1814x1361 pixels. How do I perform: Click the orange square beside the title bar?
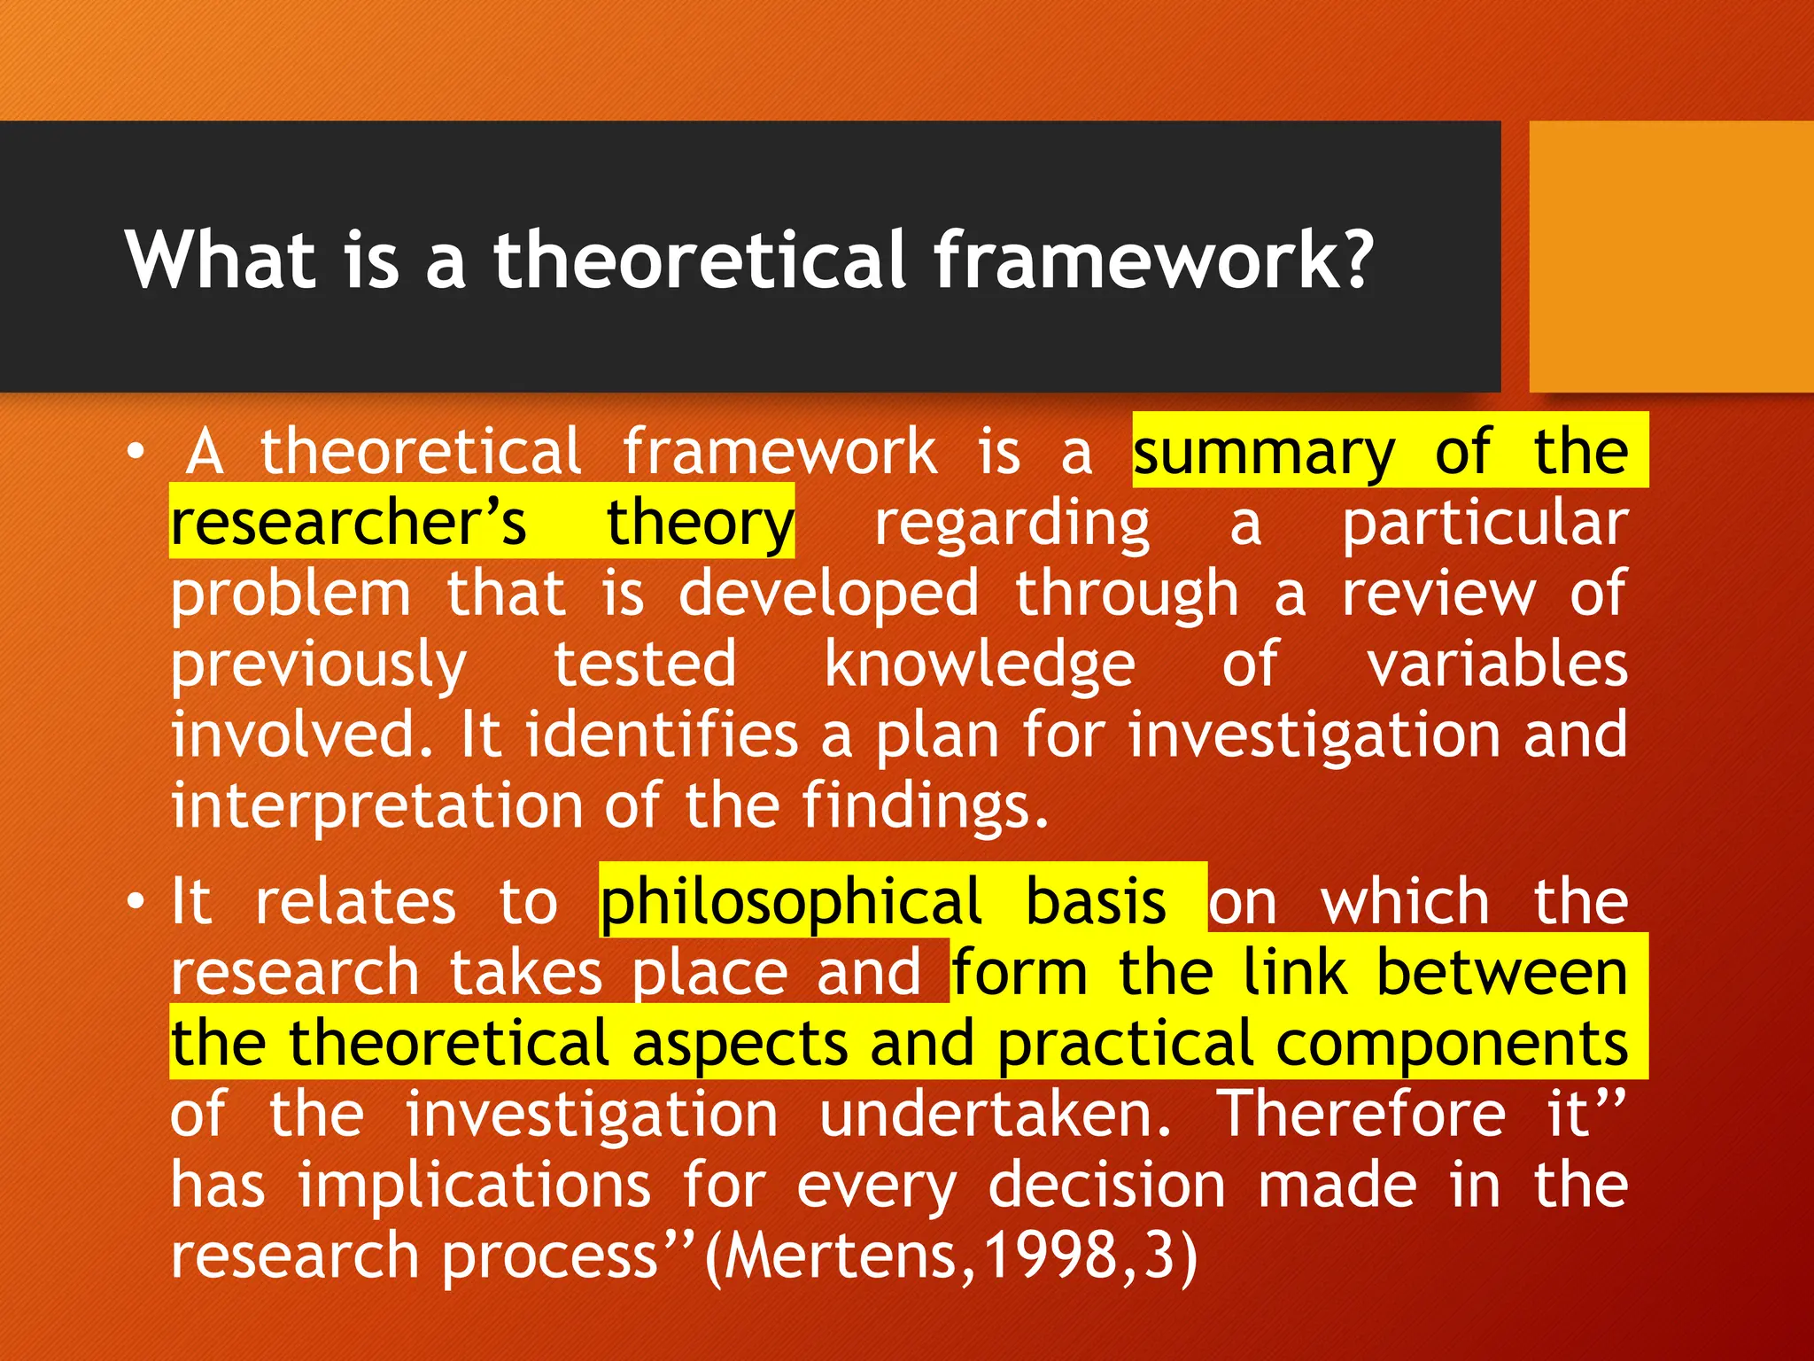pos(1671,257)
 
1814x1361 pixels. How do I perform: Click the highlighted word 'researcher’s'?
pos(348,523)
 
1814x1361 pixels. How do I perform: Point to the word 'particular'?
pos(1485,523)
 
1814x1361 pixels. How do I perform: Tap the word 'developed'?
pos(828,595)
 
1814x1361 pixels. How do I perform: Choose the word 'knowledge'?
pos(979,665)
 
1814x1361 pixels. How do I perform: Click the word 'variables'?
pos(1496,665)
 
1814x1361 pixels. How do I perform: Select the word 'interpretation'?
pos(376,807)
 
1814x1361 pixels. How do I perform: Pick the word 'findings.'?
pos(926,807)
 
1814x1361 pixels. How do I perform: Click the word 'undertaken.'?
pos(996,1114)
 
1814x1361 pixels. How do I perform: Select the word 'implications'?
pos(474,1186)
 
